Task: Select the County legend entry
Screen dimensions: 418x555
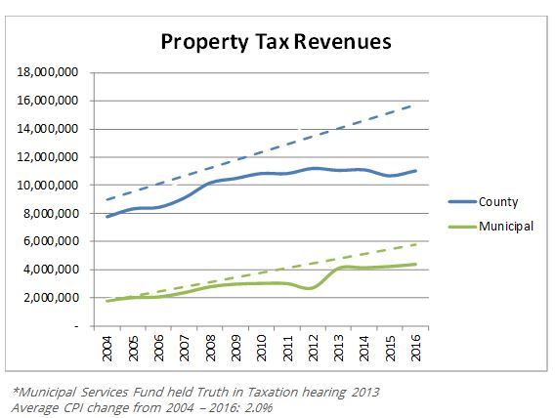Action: (x=499, y=202)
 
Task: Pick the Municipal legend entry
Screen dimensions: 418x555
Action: (x=506, y=226)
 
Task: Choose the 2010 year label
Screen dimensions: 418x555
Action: (x=262, y=347)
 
